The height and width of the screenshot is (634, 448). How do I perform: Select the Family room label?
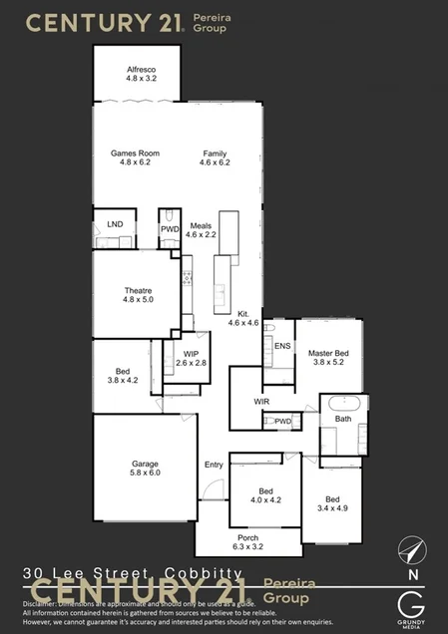click(215, 152)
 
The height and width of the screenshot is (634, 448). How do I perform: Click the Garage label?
click(146, 464)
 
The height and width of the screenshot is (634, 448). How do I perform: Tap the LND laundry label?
click(115, 224)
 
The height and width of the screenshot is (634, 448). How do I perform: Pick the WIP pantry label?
click(190, 353)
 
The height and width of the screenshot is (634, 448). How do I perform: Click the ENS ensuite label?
click(282, 346)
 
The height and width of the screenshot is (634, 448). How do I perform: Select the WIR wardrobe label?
click(262, 402)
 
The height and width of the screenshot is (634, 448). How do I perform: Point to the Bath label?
click(343, 419)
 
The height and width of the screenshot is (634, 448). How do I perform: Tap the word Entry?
click(214, 465)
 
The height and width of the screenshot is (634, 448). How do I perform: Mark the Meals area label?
click(202, 226)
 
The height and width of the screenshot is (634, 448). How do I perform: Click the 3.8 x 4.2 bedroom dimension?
click(123, 381)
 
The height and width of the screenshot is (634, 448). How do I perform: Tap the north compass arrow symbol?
click(409, 549)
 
